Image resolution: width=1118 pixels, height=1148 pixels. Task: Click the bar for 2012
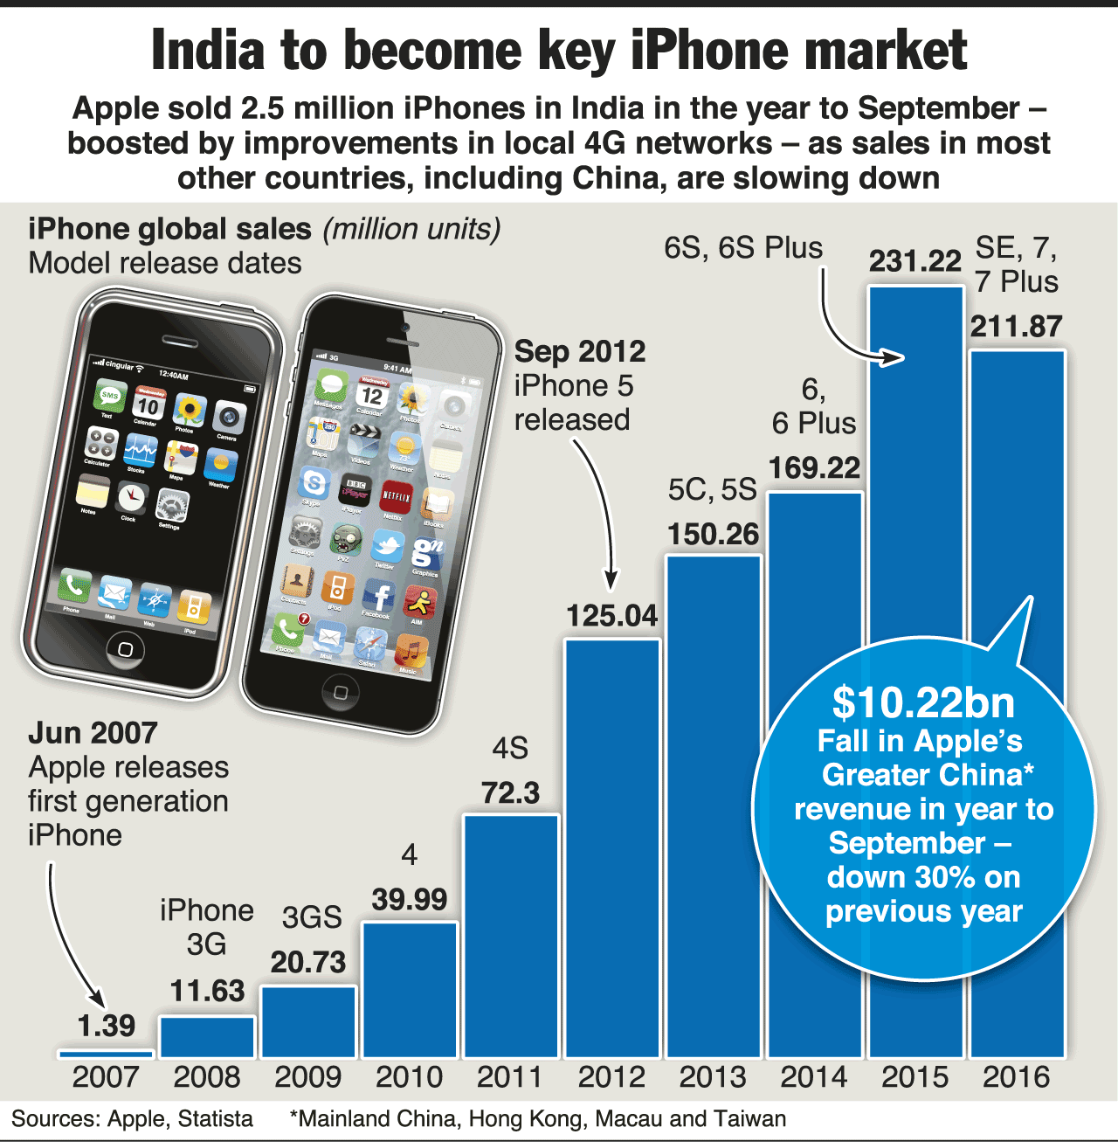[611, 847]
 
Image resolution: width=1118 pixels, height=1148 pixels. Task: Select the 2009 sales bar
[308, 1021]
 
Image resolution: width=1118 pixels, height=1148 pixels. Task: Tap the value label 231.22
[914, 260]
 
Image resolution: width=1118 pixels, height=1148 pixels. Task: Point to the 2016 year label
[1016, 1077]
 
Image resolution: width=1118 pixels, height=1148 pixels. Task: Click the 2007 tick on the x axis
[106, 1077]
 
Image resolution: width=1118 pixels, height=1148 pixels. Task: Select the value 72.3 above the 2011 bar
[510, 792]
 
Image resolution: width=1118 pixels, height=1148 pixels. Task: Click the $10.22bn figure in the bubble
[923, 702]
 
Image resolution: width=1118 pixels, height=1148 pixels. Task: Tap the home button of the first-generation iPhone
[126, 649]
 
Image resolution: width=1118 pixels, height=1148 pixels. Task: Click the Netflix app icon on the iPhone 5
[397, 497]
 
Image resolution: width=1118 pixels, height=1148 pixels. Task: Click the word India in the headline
[208, 50]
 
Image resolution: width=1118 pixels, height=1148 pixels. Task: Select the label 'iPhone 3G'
[206, 927]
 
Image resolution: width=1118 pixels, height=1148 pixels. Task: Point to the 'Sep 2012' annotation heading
[580, 351]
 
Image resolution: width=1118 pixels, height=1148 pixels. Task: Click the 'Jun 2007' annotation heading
[93, 732]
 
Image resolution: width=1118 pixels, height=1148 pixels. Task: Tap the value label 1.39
[106, 1025]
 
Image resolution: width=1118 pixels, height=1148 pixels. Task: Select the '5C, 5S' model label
[712, 489]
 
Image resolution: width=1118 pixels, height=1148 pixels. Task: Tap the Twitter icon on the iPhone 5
[387, 547]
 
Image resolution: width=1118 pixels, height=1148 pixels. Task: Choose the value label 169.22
[814, 467]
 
